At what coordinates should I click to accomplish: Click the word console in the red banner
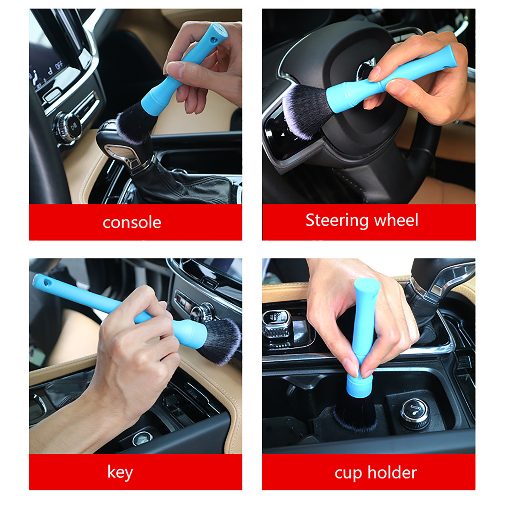click(132, 223)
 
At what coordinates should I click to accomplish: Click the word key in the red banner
click(120, 472)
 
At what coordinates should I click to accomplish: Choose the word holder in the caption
click(392, 472)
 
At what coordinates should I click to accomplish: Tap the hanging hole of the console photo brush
click(214, 40)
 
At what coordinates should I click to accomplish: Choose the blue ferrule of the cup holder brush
click(359, 385)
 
